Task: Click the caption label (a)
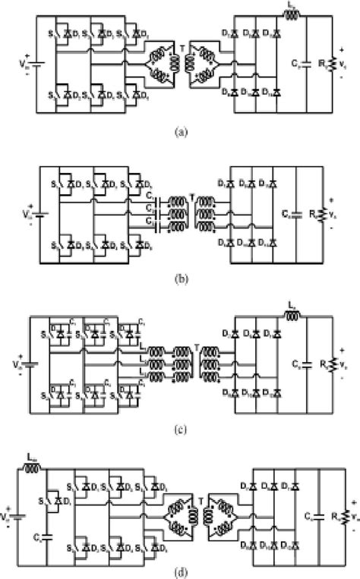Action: click(x=180, y=131)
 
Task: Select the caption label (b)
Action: click(x=180, y=278)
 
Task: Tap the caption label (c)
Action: click(x=180, y=427)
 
